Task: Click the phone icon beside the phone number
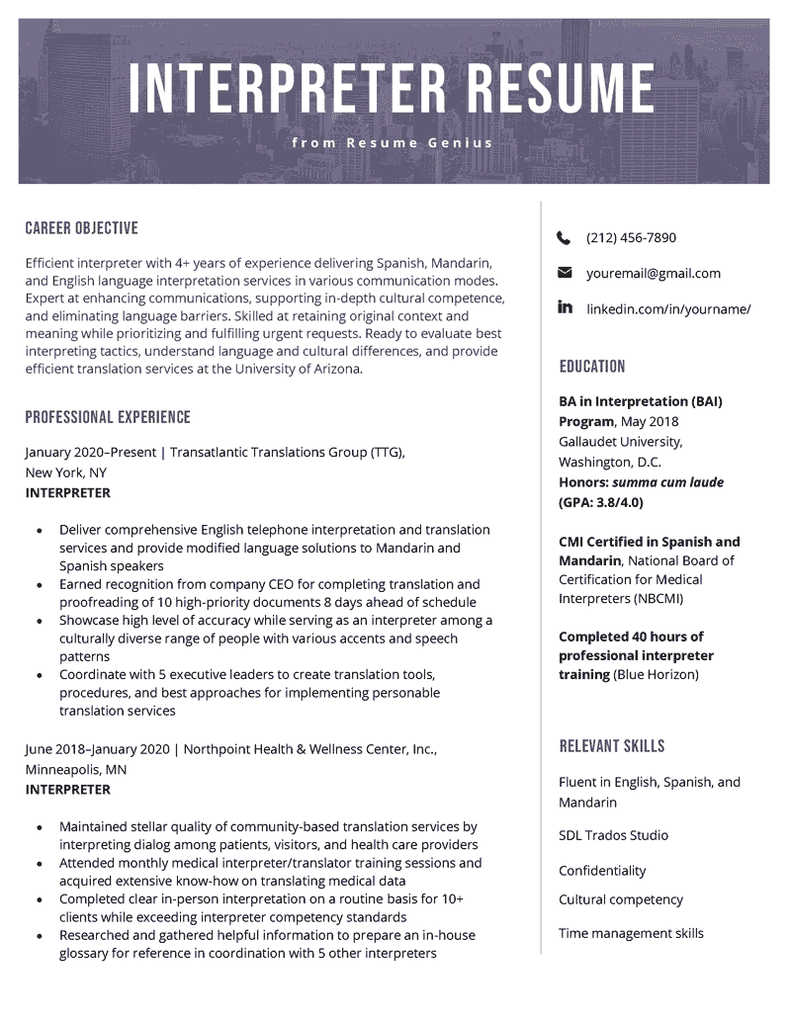point(565,238)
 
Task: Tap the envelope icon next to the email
point(565,273)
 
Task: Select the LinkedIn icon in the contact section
point(566,307)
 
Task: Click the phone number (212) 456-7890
point(631,238)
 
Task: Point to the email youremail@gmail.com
point(653,274)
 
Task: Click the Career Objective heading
point(81,228)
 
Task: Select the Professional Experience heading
point(108,417)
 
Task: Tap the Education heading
point(592,367)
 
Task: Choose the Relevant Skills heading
point(612,746)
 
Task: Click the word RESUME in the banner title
point(560,88)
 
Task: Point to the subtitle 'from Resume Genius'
point(393,143)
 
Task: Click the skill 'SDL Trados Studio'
point(613,835)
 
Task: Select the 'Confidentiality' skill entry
point(602,871)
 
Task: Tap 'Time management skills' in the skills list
point(631,933)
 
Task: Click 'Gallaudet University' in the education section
point(620,442)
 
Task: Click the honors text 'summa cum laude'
point(667,482)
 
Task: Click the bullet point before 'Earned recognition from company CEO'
point(39,584)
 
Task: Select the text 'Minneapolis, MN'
point(75,769)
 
